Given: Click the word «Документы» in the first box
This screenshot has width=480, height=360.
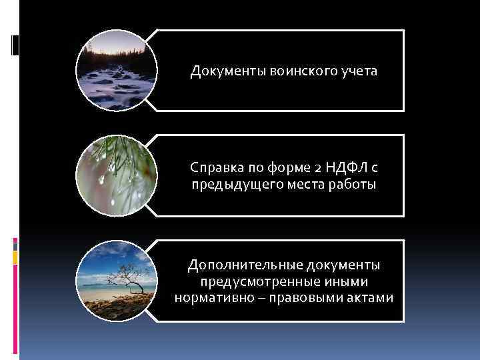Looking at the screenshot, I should click(x=227, y=71).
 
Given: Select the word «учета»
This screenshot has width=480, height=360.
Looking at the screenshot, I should click(x=358, y=71).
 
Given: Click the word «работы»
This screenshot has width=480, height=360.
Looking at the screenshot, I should click(x=353, y=184).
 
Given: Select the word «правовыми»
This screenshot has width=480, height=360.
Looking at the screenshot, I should click(x=305, y=298).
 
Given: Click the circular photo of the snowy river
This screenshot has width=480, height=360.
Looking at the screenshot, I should click(x=117, y=71).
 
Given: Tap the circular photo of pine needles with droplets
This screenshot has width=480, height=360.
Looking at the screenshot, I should click(x=117, y=176).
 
